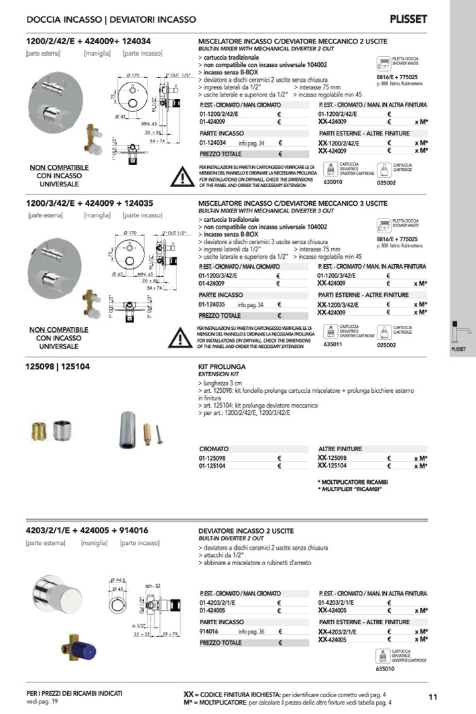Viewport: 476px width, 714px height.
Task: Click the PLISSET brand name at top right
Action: tap(408, 19)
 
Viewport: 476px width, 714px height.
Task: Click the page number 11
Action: tap(432, 697)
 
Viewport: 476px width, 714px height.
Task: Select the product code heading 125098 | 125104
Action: tap(58, 367)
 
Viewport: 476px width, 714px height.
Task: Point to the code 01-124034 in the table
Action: tap(213, 143)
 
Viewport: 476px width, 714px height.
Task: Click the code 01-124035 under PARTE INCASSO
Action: tap(213, 305)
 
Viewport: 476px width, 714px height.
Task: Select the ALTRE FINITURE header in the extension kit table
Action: tap(341, 449)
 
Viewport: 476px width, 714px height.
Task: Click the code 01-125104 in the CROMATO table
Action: tap(214, 465)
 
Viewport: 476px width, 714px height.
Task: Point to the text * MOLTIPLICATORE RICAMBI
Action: tap(353, 482)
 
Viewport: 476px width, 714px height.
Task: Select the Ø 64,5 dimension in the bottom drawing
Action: tap(119, 581)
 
